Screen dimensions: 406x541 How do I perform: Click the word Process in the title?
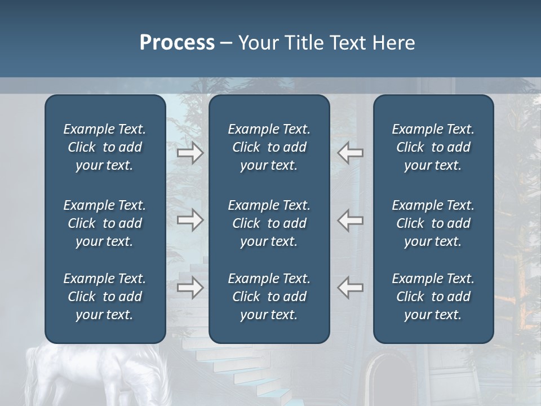pyautogui.click(x=177, y=42)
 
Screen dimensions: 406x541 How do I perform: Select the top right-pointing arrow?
pyautogui.click(x=190, y=153)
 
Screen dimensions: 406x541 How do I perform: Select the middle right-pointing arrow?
pyautogui.click(x=190, y=220)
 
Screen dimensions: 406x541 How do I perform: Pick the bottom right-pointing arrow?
pyautogui.click(x=190, y=288)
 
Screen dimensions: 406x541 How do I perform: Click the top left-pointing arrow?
pyautogui.click(x=351, y=153)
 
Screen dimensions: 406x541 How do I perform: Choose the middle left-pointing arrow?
pyautogui.click(x=351, y=220)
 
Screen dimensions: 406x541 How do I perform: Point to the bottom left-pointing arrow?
pyautogui.click(x=351, y=288)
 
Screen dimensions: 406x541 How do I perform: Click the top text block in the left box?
pyautogui.click(x=105, y=147)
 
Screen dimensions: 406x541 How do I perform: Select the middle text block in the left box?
pyautogui.click(x=105, y=223)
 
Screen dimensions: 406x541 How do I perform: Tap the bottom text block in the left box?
pyautogui.click(x=105, y=297)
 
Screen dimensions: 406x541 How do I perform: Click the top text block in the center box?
pyautogui.click(x=269, y=147)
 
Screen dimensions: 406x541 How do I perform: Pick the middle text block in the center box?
pyautogui.click(x=269, y=223)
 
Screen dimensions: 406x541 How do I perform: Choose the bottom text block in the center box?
pyautogui.click(x=269, y=297)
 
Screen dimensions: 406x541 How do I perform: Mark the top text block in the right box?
pyautogui.click(x=433, y=147)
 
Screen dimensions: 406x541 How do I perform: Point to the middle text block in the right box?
pyautogui.click(x=433, y=223)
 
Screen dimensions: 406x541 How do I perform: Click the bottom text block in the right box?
pyautogui.click(x=433, y=297)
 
